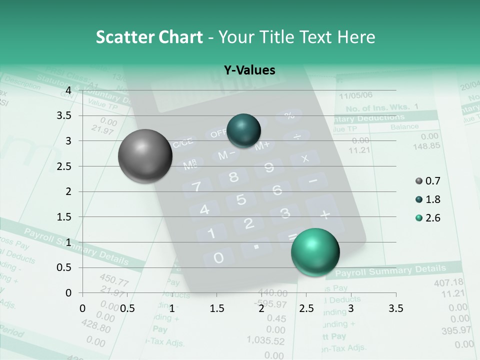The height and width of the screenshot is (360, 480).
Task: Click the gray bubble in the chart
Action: tap(145, 156)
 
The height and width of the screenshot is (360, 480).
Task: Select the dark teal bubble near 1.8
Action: tap(244, 130)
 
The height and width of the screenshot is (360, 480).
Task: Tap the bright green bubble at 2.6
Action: tap(315, 252)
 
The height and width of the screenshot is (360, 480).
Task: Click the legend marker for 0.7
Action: tap(419, 181)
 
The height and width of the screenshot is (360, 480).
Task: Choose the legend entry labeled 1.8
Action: tap(432, 199)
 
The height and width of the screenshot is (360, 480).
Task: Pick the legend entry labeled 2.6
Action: tap(432, 218)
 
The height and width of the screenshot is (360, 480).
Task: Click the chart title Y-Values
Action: tap(249, 70)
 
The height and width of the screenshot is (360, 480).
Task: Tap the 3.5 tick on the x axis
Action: tap(395, 308)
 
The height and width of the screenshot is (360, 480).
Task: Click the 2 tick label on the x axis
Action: tap(261, 308)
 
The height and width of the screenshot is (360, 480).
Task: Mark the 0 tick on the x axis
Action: tap(83, 308)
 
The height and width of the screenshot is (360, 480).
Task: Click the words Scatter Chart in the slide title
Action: tap(149, 37)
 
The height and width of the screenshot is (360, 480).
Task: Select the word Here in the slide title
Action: tap(356, 37)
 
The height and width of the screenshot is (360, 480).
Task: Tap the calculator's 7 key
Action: tap(196, 187)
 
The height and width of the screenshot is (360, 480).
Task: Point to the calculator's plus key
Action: tap(325, 214)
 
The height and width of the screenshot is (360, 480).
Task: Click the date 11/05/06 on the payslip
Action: tap(355, 95)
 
